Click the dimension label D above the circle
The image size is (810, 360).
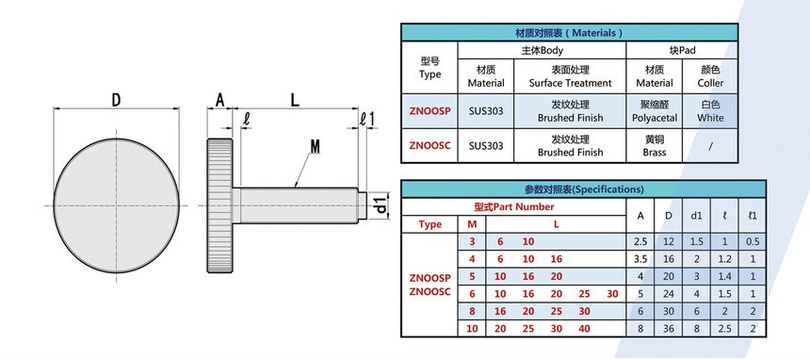point(117,99)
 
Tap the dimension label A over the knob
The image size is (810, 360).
point(220,100)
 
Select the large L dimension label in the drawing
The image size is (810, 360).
point(295,100)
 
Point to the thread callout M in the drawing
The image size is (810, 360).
point(316,147)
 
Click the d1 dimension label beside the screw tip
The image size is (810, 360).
point(381,205)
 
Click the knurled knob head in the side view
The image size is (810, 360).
point(220,205)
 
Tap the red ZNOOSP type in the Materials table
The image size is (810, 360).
point(429,110)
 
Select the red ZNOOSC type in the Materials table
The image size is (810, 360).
point(429,145)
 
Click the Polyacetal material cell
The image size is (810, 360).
point(655,111)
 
